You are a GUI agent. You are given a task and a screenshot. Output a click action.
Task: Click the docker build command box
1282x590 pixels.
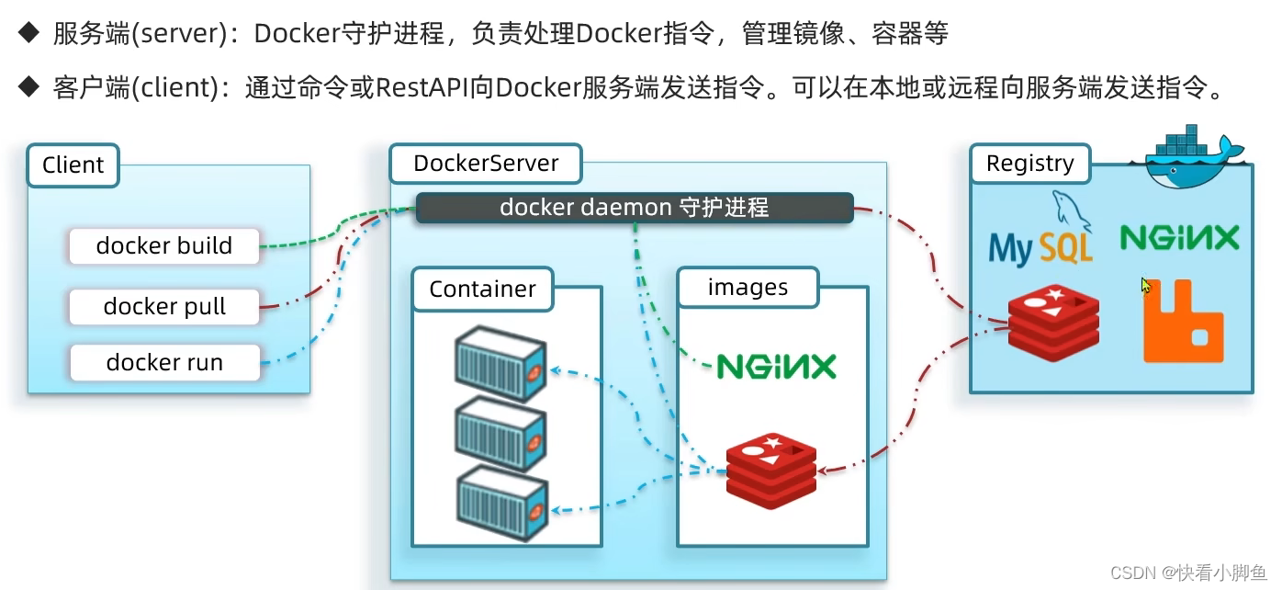[164, 246]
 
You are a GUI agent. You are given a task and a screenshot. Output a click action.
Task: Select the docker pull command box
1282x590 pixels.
[164, 306]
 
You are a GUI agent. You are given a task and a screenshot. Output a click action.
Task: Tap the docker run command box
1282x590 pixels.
[164, 362]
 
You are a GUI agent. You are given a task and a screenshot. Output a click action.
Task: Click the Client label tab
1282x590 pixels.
[73, 165]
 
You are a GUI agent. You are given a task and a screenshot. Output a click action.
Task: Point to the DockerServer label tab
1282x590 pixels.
[486, 164]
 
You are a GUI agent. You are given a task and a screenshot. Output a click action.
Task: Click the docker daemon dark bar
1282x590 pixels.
[634, 208]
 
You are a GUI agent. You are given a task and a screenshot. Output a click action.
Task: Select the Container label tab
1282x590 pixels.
[482, 289]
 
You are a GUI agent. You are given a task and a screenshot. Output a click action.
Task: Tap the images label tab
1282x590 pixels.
[748, 288]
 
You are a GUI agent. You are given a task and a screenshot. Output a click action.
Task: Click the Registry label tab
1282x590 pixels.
[1029, 164]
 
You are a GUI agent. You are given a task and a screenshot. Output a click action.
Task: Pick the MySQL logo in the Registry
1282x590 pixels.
[1041, 234]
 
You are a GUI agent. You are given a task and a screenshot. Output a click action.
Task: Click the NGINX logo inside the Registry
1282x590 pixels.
[1179, 239]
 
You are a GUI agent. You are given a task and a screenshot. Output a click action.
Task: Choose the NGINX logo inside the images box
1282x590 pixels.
[776, 367]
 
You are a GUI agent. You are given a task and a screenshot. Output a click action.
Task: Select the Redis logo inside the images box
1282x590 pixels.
[771, 471]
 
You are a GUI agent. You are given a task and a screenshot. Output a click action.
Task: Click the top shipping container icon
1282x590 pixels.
[500, 364]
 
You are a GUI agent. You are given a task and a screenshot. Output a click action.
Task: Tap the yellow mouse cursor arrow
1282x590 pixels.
[1146, 286]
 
